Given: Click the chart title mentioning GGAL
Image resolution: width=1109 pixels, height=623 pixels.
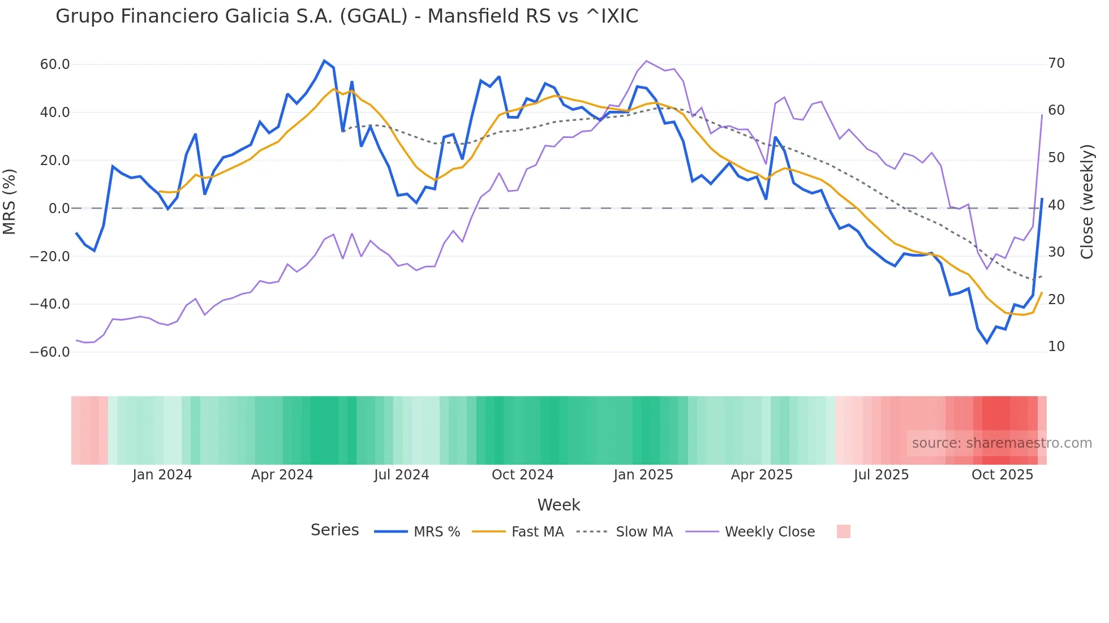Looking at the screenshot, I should click(347, 16).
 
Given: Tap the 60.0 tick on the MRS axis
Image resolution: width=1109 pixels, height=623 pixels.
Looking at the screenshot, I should click(55, 64).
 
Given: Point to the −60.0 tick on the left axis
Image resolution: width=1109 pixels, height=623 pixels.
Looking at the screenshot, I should click(50, 352).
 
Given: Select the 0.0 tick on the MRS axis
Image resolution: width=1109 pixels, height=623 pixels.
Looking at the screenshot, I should click(59, 209).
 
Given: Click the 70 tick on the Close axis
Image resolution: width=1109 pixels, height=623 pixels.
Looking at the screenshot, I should click(1056, 63).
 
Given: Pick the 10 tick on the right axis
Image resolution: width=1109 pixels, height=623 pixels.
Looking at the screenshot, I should click(1056, 347).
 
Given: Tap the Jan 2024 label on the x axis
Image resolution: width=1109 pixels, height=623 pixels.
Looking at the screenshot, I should click(162, 475).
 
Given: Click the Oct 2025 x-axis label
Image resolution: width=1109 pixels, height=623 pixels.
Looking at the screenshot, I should click(1002, 475).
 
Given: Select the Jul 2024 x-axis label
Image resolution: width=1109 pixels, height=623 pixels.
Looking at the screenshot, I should click(401, 475).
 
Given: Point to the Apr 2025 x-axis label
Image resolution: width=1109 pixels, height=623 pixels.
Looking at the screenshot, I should click(762, 475).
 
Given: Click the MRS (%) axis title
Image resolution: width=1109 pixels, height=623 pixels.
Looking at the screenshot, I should click(10, 202).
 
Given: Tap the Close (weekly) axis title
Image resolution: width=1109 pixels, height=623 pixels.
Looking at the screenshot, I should click(1087, 202).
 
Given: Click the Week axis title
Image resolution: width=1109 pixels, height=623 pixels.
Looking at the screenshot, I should click(558, 505).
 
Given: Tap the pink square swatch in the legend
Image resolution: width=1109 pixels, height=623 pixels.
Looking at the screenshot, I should click(843, 531).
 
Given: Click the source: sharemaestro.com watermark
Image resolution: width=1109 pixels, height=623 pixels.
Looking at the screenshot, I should click(1001, 443).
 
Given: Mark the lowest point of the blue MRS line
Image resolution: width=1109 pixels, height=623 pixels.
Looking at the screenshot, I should click(987, 343).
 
